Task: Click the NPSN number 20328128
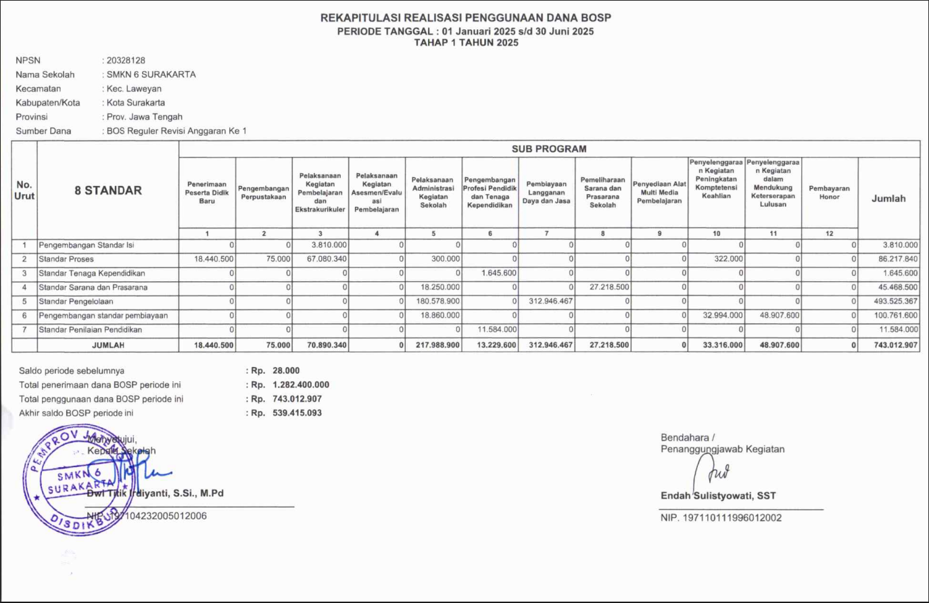pos(126,61)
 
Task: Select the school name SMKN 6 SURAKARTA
pos(151,75)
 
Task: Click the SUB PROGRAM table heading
pos(548,149)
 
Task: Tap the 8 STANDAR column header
pos(108,191)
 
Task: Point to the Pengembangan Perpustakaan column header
pos(264,193)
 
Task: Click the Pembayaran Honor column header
pos(829,193)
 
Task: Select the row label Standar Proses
pos(66,260)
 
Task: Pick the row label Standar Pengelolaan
pos(76,301)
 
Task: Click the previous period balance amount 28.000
pos(286,371)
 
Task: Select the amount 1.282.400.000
pos(301,385)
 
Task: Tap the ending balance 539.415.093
pos(297,413)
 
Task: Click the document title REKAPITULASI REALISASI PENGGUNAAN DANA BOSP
pos(465,18)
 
